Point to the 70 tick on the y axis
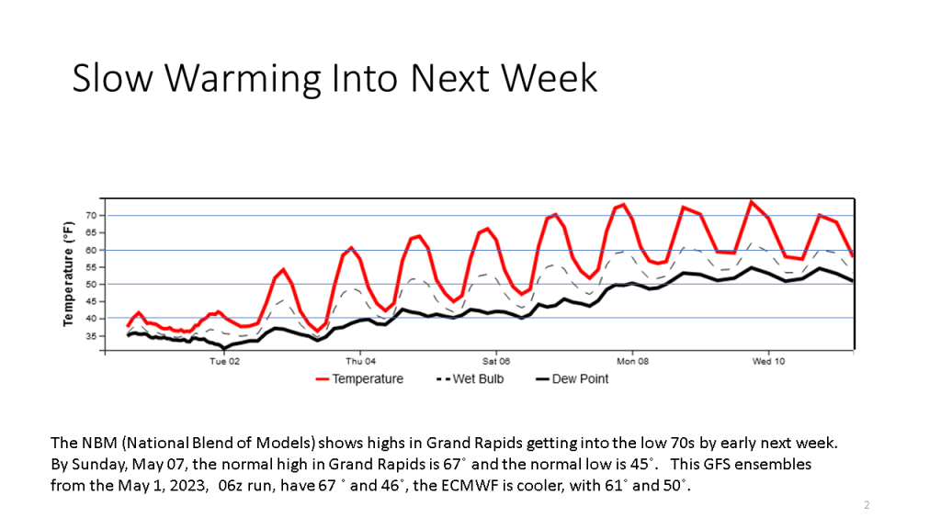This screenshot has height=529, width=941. pyautogui.click(x=91, y=216)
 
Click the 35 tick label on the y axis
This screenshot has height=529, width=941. pyautogui.click(x=91, y=336)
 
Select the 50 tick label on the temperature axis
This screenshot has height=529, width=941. pyautogui.click(x=91, y=285)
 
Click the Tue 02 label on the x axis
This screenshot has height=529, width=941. pyautogui.click(x=224, y=362)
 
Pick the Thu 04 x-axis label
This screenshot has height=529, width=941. pyautogui.click(x=360, y=362)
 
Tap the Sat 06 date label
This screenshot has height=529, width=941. pyautogui.click(x=496, y=362)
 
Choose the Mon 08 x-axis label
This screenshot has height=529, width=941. pyautogui.click(x=632, y=362)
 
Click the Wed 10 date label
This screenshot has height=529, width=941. pyautogui.click(x=768, y=362)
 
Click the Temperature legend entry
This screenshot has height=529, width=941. pyautogui.click(x=367, y=379)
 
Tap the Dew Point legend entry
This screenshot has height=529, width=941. pyautogui.click(x=580, y=379)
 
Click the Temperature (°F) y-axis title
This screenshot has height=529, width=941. pyautogui.click(x=69, y=274)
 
